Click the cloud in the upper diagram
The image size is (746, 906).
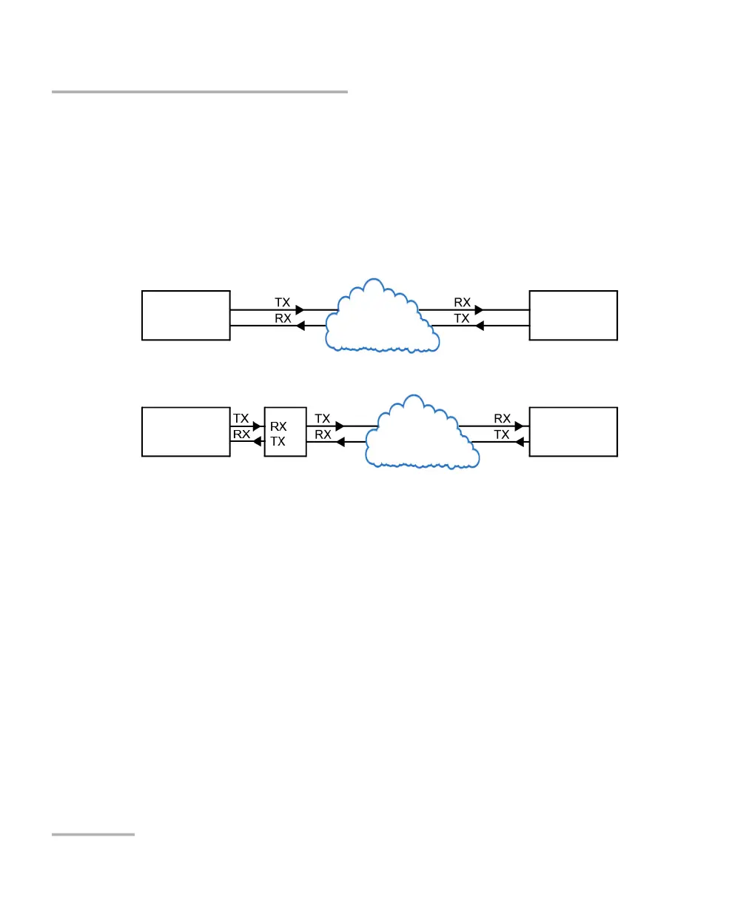380,317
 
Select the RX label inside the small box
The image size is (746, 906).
278,426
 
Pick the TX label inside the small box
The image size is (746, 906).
278,441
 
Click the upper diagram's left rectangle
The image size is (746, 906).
186,315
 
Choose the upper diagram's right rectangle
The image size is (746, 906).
573,315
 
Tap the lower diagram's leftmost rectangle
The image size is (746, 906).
186,432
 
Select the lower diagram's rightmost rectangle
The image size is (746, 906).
573,432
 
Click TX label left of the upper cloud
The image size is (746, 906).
282,303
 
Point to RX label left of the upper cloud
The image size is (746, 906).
282,318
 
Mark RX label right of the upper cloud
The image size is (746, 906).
462,303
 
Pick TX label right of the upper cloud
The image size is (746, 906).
462,318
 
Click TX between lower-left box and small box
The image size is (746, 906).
241,419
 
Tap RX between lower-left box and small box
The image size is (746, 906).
241,434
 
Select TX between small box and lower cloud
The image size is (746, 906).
322,419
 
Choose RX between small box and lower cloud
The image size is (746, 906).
323,434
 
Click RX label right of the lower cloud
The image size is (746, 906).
502,419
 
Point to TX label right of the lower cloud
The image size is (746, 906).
502,434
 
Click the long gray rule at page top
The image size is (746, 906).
200,92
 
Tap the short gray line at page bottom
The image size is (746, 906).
93,834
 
